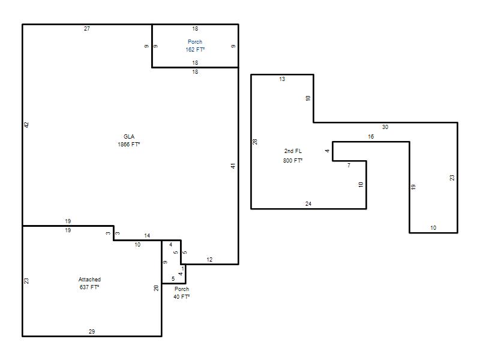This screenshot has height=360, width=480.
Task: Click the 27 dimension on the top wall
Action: (x=87, y=29)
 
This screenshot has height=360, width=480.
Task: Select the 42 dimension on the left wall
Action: (x=26, y=125)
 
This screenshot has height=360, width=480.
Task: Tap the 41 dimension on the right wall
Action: (x=233, y=166)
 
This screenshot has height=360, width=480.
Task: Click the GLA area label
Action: (x=129, y=137)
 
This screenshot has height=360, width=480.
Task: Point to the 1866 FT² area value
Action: (x=129, y=145)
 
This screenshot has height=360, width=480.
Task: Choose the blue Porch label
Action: (x=195, y=41)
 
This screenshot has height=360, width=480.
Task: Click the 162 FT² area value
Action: (x=195, y=50)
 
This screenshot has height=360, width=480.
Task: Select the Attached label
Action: (x=89, y=280)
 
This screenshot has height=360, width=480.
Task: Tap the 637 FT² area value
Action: (x=89, y=287)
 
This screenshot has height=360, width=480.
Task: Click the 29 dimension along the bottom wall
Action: (x=92, y=332)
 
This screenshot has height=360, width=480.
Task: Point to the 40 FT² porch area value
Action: (x=182, y=297)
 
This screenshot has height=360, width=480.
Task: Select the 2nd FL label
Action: (x=293, y=151)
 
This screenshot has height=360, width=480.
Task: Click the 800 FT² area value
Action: (x=293, y=160)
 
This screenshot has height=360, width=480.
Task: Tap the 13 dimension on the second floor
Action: (x=282, y=79)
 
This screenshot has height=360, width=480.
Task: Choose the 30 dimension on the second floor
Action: (x=385, y=127)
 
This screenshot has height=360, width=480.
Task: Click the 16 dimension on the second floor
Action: (x=371, y=137)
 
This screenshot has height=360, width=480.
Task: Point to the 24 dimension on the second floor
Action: (x=308, y=204)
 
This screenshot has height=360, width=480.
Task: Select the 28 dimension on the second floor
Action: (x=255, y=142)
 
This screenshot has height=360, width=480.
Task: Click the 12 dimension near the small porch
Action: (x=209, y=260)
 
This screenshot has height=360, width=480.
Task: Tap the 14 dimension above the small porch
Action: (x=147, y=236)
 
